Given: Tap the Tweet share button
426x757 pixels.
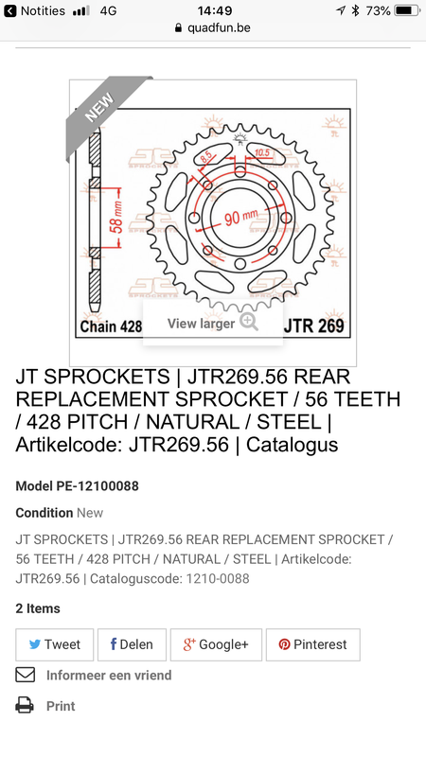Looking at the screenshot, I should [x=54, y=644].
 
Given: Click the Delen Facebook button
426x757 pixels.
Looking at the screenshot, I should [x=132, y=644].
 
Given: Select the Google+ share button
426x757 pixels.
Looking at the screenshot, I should [x=216, y=644].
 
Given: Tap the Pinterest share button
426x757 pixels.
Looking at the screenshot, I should [x=312, y=644].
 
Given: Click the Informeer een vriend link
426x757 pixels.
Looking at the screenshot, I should [x=108, y=675].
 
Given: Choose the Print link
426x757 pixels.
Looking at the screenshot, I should [x=60, y=706].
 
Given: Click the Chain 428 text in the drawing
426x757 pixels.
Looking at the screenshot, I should [x=111, y=327].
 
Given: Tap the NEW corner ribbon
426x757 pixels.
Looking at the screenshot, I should [x=100, y=109].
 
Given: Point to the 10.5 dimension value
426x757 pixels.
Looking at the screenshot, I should [x=262, y=151].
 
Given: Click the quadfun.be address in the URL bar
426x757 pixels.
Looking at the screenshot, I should [x=219, y=28].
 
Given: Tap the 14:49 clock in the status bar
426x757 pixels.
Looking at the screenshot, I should [x=215, y=10].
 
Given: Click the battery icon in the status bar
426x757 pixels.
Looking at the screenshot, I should [x=406, y=10].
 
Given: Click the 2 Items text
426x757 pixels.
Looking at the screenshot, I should [x=38, y=608].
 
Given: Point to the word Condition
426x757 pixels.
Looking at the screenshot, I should [x=44, y=513].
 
